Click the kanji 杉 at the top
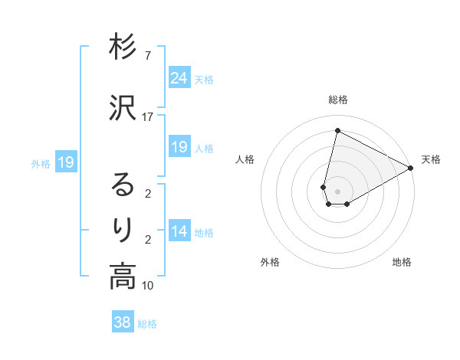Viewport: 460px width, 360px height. (123, 47)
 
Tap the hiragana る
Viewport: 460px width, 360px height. (123, 185)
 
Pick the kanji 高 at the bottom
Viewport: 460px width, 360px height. (123, 277)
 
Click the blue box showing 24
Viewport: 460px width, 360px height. (179, 77)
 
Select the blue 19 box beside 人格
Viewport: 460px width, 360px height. (179, 147)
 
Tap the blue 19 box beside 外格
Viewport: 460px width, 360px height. (65, 162)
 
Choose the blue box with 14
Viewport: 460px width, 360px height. (179, 231)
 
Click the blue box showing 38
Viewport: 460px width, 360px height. (123, 322)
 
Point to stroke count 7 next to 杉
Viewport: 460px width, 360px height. (147, 56)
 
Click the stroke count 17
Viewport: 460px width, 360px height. (147, 117)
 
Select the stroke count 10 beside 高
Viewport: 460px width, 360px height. (147, 286)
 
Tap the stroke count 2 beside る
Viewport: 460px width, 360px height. (147, 194)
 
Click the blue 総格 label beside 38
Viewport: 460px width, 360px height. (147, 324)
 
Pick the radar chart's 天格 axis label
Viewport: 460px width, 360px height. (431, 159)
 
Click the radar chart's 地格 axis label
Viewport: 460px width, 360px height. (402, 262)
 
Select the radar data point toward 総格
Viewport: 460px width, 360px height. (337, 130)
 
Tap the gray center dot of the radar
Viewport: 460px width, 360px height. (337, 191)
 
